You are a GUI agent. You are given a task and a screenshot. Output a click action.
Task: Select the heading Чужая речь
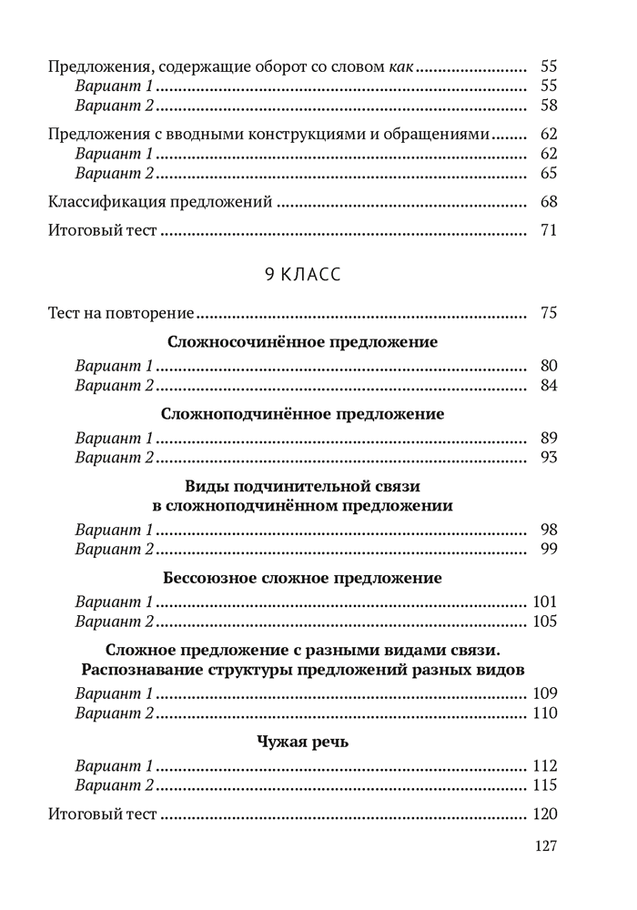tap(302, 742)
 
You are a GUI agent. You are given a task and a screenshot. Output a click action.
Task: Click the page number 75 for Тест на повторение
tap(548, 314)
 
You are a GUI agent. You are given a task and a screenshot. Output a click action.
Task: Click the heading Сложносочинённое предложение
tap(303, 342)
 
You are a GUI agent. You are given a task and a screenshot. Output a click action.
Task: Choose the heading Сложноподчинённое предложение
tap(302, 414)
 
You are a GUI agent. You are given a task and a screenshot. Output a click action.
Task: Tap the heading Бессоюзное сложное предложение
tap(302, 578)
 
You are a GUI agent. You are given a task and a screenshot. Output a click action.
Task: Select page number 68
tap(548, 202)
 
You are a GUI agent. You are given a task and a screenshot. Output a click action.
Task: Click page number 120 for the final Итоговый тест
tap(544, 814)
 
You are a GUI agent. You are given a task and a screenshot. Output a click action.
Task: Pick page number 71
tap(548, 230)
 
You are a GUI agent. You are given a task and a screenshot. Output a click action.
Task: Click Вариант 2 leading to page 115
tap(114, 784)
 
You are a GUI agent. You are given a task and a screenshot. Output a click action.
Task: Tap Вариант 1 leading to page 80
tap(114, 366)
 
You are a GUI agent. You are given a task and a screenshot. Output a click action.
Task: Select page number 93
tap(548, 457)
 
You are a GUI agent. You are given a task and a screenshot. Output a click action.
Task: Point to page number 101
tap(544, 602)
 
